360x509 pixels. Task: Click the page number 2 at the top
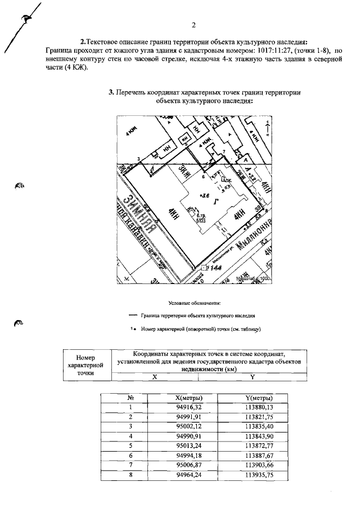[193, 25]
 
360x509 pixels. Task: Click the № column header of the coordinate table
[130, 398]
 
